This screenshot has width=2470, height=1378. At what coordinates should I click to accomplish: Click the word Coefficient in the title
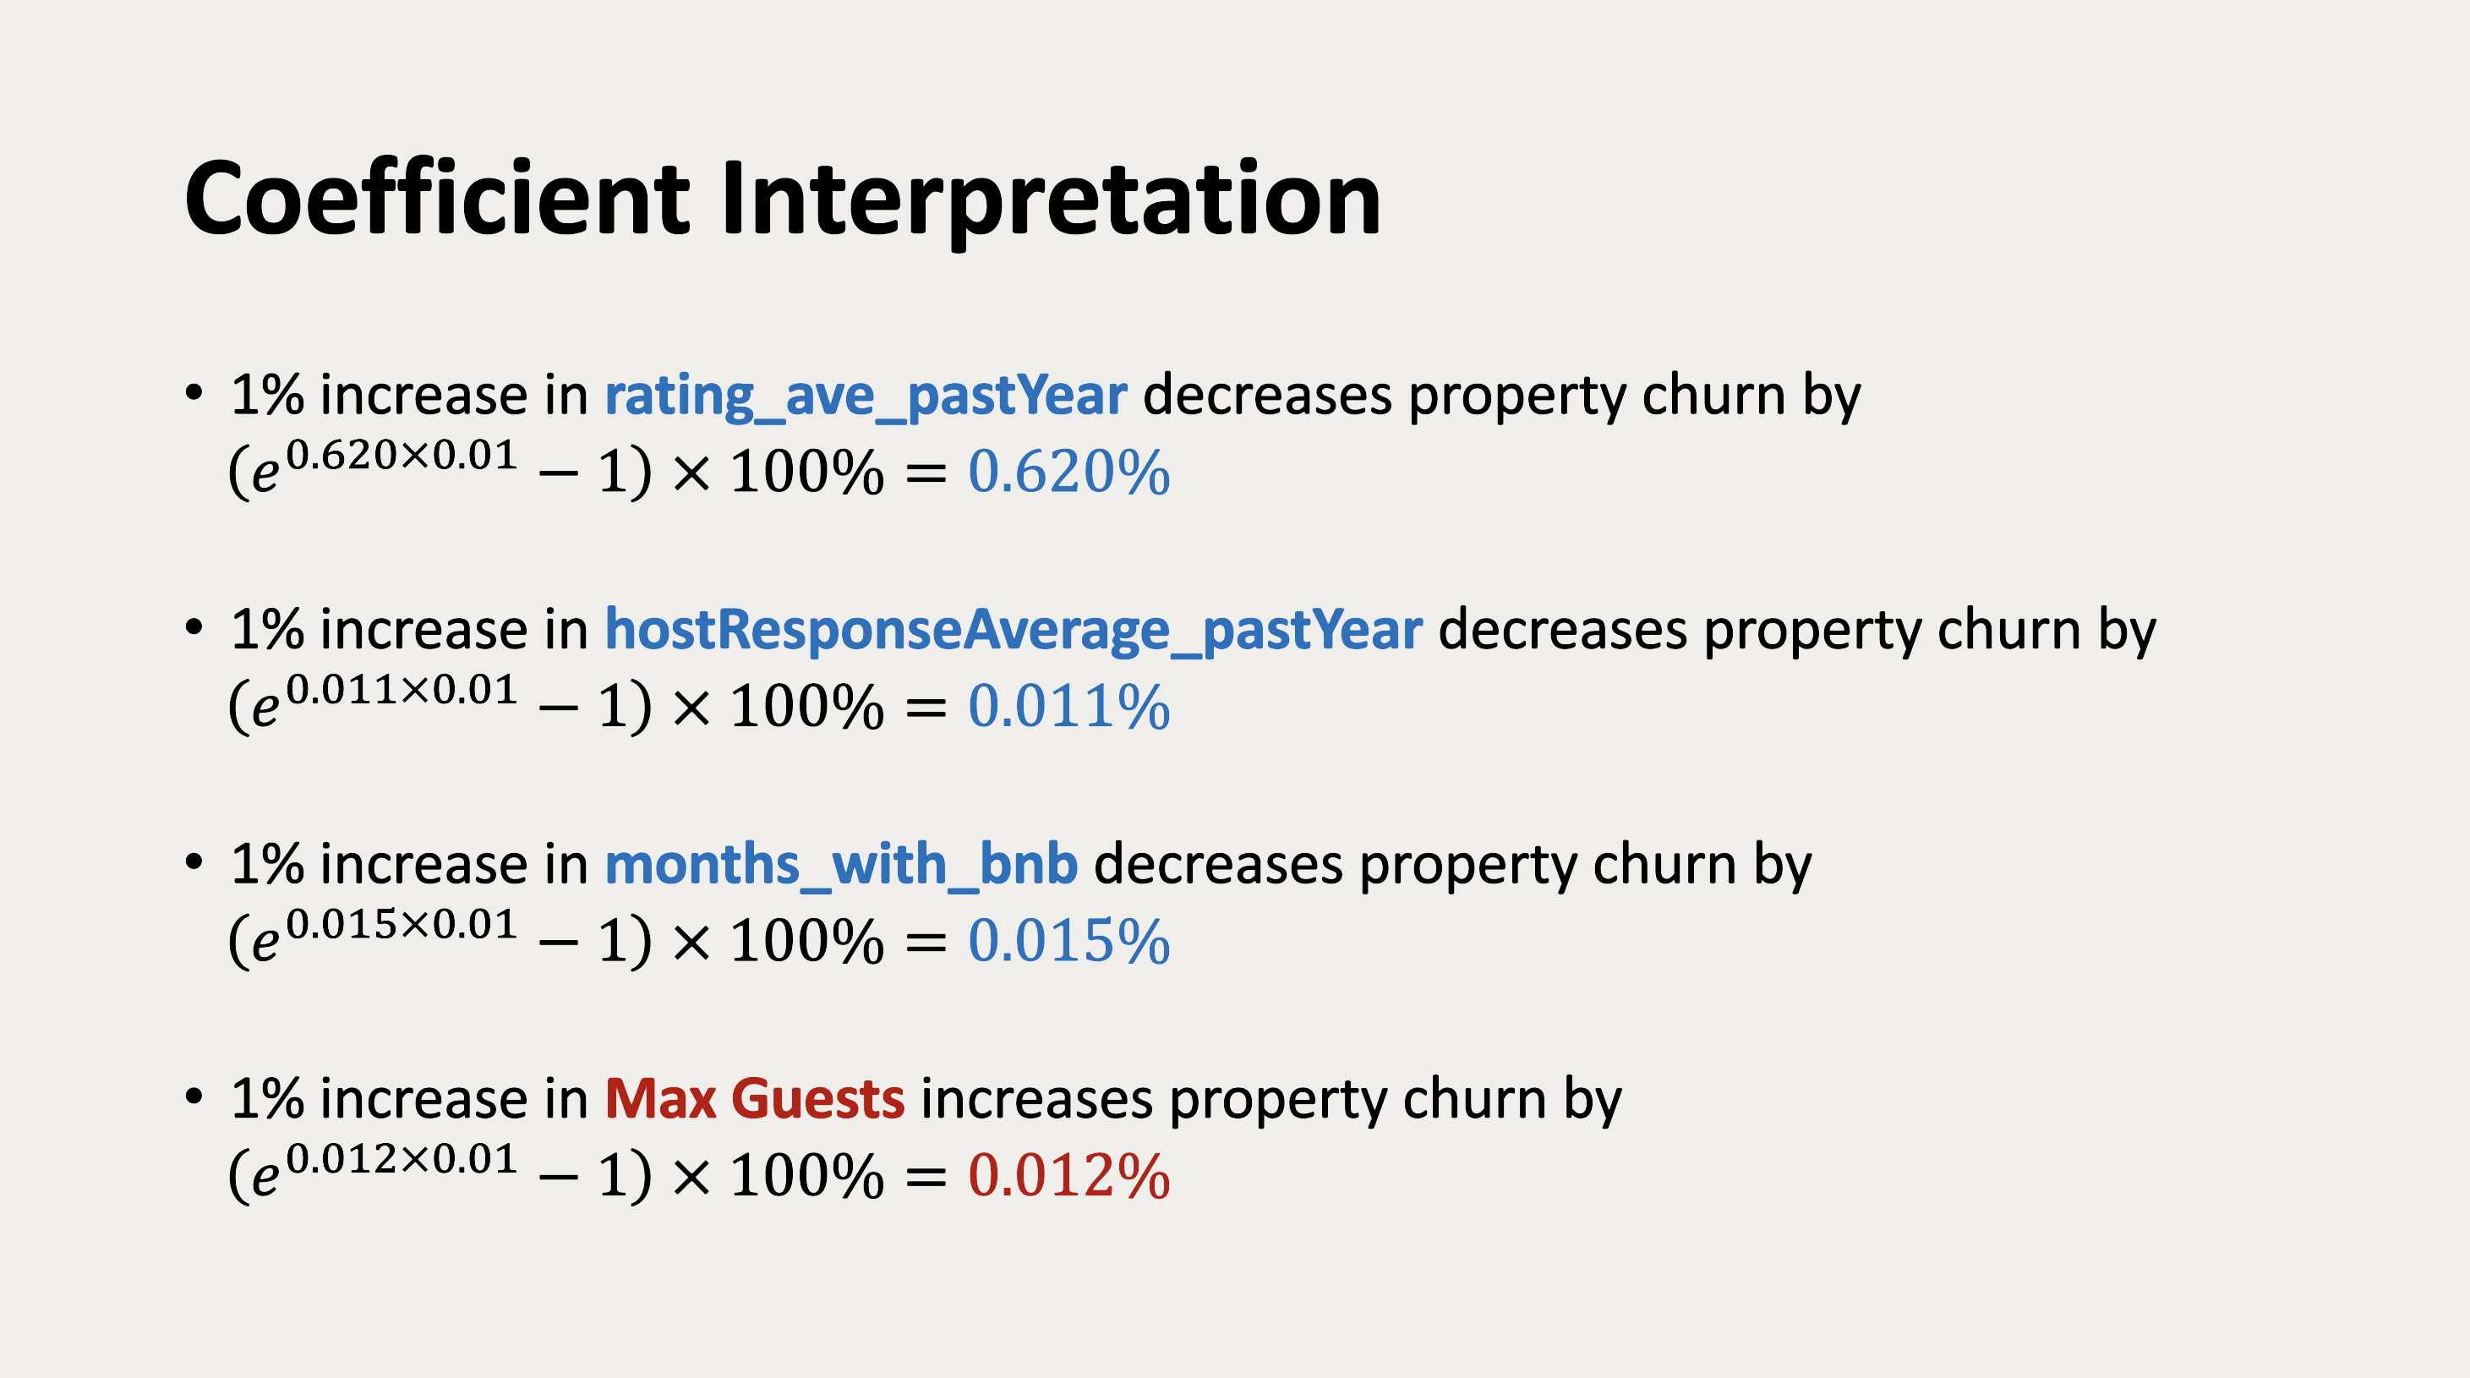tap(436, 199)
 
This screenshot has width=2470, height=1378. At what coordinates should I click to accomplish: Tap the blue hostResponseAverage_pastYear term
tap(1014, 631)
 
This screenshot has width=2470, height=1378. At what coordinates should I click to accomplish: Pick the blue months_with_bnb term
tap(841, 865)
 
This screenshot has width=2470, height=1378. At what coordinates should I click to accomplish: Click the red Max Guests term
tap(755, 1098)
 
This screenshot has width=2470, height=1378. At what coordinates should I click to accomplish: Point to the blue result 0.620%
tap(1069, 472)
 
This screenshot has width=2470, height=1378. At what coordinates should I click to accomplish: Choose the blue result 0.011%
tap(1069, 707)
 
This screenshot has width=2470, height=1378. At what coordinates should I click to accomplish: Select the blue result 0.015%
tap(1069, 941)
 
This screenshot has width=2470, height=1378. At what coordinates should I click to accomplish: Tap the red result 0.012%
tap(1069, 1176)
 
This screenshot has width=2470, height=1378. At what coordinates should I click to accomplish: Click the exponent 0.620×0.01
tap(402, 455)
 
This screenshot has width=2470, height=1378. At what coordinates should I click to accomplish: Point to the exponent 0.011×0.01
tap(402, 690)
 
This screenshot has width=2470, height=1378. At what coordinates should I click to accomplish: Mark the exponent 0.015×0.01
tap(402, 923)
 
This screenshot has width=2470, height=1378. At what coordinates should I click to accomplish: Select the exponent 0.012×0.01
tap(402, 1158)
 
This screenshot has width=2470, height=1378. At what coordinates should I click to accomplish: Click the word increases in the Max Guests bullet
tap(1036, 1099)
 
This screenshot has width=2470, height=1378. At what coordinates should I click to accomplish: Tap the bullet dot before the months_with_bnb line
tap(194, 862)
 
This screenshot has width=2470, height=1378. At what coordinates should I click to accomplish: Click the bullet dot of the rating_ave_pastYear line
tap(194, 393)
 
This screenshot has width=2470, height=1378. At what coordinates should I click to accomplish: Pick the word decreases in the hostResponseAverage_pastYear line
tap(1563, 630)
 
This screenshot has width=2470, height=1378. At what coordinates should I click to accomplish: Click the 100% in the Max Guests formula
tap(806, 1177)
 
